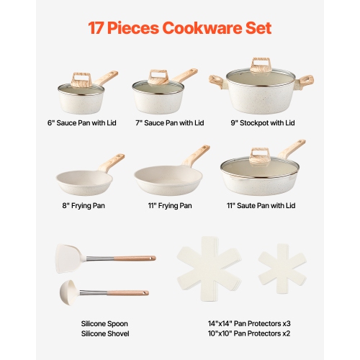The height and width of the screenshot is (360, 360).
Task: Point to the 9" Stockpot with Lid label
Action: [x=262, y=123]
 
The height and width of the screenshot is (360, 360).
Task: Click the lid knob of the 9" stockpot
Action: [x=261, y=64]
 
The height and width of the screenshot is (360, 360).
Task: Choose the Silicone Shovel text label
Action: [x=106, y=334]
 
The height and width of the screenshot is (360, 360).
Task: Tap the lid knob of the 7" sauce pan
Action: [x=158, y=74]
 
